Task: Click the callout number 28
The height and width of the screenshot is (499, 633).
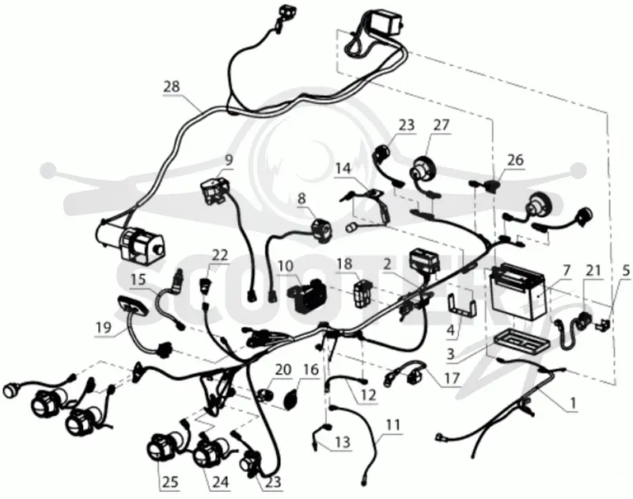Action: [x=172, y=86]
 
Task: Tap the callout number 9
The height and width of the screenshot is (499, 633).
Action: [x=229, y=160]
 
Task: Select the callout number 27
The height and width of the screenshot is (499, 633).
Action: [x=441, y=125]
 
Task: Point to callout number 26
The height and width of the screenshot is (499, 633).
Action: [x=515, y=160]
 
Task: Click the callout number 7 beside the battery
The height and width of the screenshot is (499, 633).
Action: [x=567, y=269]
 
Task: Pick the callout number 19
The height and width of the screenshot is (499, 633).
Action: [x=104, y=327]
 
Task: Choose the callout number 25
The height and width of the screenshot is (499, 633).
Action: [x=170, y=482]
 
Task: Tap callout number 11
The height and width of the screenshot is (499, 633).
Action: [x=392, y=425]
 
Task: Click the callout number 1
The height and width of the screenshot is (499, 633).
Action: [x=573, y=402]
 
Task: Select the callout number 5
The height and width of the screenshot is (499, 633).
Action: [x=625, y=271]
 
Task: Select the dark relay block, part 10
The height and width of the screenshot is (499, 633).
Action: [x=305, y=295]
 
